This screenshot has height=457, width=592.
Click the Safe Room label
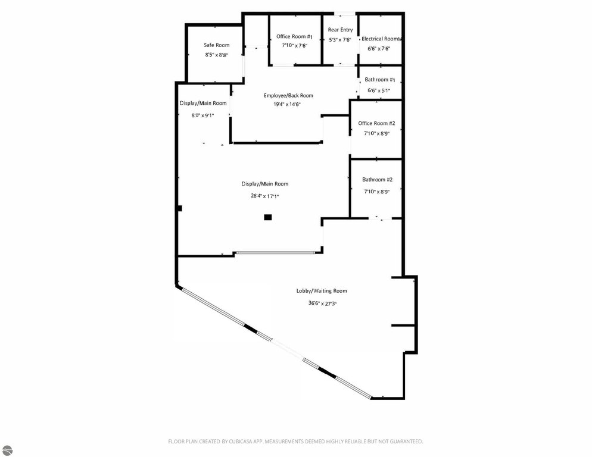click(x=217, y=45)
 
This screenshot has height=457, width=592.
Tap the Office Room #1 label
click(x=294, y=37)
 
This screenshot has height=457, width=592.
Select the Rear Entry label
click(x=340, y=30)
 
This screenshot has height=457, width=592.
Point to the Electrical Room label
click(x=381, y=39)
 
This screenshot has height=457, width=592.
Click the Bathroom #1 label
click(x=380, y=80)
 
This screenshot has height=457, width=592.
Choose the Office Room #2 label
click(x=376, y=123)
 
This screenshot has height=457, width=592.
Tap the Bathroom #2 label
click(x=377, y=180)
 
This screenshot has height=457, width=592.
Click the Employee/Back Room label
click(x=288, y=95)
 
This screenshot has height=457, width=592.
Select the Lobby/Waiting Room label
click(x=322, y=291)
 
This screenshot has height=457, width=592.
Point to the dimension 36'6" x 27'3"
click(x=322, y=303)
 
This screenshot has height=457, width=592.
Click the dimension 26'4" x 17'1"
click(x=265, y=196)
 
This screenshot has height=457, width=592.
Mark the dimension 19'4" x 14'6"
click(x=287, y=105)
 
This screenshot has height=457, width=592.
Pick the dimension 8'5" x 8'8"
click(x=217, y=55)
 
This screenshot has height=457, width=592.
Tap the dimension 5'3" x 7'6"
click(x=340, y=40)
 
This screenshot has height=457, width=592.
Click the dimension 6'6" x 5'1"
click(x=379, y=90)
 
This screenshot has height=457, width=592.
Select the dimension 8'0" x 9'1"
click(x=202, y=115)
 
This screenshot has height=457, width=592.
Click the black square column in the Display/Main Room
click(x=267, y=217)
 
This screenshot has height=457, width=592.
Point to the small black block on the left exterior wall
click(x=180, y=208)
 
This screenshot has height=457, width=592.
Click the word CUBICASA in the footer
click(x=241, y=441)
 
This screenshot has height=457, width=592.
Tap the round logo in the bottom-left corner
click(x=7, y=450)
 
